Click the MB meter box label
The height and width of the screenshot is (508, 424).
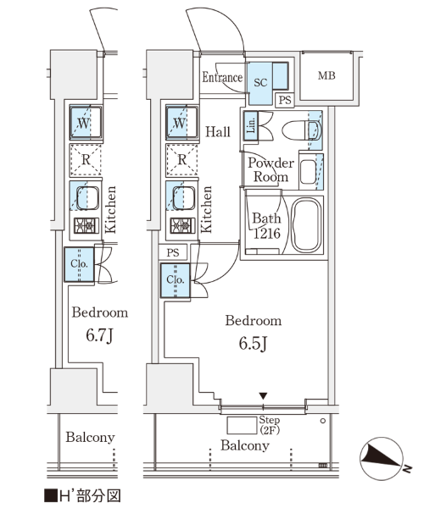(326, 76)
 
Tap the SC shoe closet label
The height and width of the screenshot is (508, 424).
(260, 83)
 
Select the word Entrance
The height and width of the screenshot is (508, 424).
(222, 77)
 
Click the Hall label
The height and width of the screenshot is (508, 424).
(218, 131)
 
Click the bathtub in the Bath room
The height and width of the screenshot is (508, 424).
(306, 225)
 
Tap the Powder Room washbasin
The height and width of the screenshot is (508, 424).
(308, 172)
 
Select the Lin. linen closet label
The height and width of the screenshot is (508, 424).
(251, 125)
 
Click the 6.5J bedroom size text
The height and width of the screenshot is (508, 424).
(253, 344)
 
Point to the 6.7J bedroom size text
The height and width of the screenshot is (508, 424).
(99, 335)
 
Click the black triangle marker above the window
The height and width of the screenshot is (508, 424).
(263, 396)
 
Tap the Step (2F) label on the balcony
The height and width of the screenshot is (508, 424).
(270, 425)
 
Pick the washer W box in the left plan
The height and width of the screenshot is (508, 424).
(86, 123)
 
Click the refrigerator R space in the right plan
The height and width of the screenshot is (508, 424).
(182, 159)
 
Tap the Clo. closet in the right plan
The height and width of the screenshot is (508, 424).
(176, 280)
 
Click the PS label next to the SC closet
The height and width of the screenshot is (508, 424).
(285, 100)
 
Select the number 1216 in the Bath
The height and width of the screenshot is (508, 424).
(266, 233)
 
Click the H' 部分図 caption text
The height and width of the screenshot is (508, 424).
(82, 496)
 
